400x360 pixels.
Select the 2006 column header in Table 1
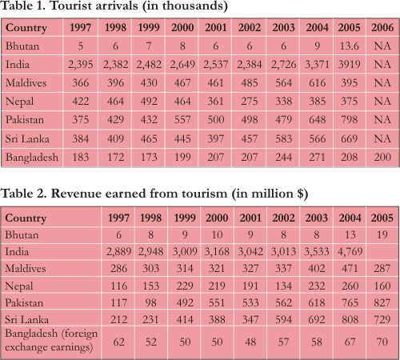click(382, 27)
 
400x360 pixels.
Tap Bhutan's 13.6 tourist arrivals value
click(349, 46)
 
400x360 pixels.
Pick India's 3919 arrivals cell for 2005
click(349, 64)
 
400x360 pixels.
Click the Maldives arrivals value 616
click(317, 82)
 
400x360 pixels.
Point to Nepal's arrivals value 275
click(250, 101)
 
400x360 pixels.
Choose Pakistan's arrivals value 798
click(349, 119)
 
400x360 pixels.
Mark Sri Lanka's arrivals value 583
click(283, 138)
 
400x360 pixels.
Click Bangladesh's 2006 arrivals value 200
click(382, 157)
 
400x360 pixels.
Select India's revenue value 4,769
click(350, 251)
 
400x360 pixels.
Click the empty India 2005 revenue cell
click(382, 251)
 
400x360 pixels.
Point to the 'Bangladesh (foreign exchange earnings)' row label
click(51, 340)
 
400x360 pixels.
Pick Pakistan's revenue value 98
click(150, 302)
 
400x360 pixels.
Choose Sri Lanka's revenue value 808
click(350, 319)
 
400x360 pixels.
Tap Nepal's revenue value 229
click(185, 286)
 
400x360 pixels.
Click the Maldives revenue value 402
click(317, 268)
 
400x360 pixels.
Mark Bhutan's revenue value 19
click(382, 234)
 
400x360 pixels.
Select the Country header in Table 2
click(26, 218)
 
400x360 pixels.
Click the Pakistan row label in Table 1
click(25, 119)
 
